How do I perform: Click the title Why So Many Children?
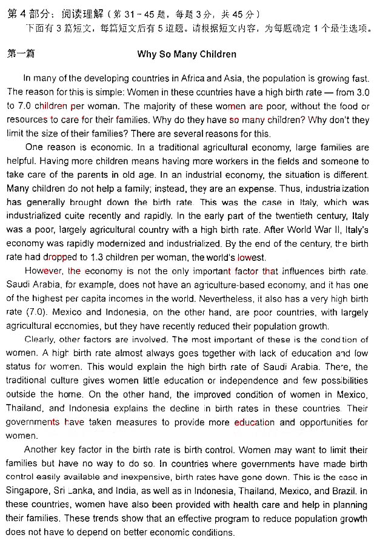(186, 54)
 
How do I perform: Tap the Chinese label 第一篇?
(20, 54)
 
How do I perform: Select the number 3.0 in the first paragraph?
(360, 92)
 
